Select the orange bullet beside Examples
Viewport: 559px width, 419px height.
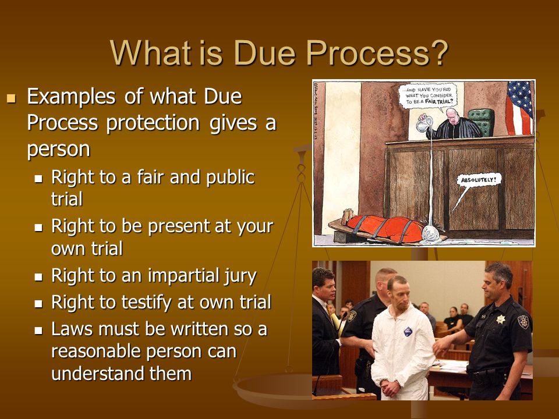pos(10,97)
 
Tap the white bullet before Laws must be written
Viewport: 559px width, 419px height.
pos(39,330)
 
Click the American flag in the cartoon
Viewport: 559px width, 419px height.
pos(519,108)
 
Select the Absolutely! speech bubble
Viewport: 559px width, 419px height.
pos(479,180)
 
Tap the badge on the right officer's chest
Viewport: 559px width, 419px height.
pos(500,319)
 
